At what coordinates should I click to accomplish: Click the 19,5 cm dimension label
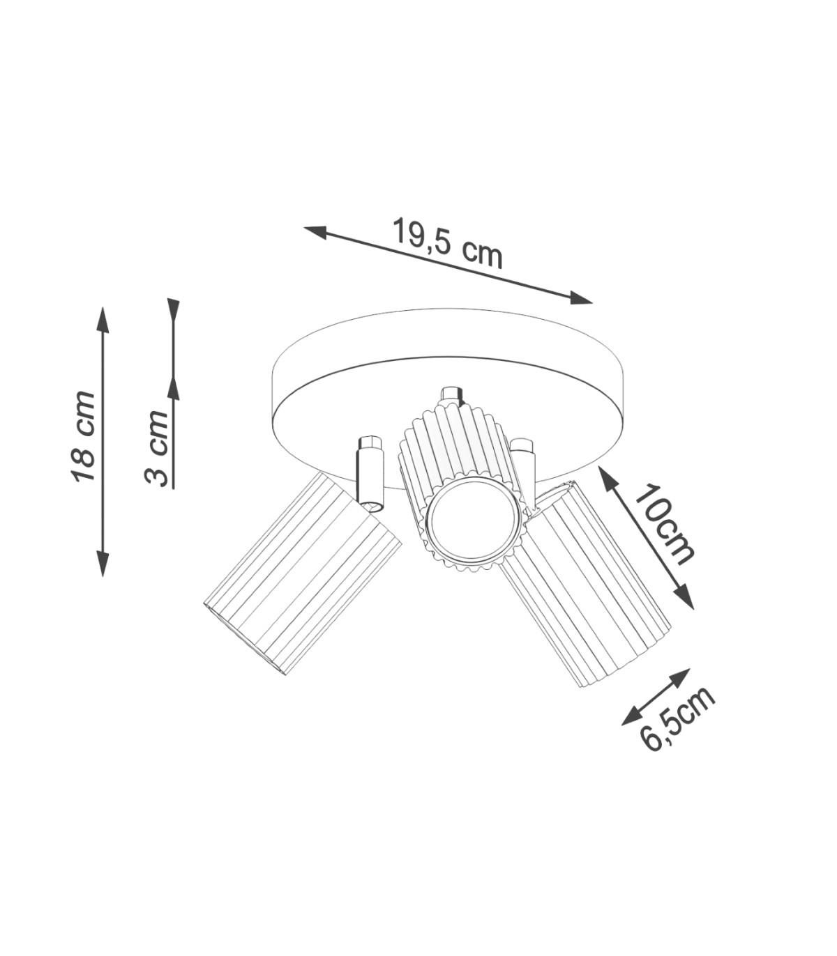pyautogui.click(x=447, y=244)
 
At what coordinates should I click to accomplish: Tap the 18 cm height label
pyautogui.click(x=83, y=437)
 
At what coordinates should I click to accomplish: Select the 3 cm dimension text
pyautogui.click(x=156, y=449)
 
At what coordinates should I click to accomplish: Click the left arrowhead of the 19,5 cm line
pyautogui.click(x=316, y=231)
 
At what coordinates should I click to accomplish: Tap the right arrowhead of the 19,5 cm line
pyautogui.click(x=581, y=298)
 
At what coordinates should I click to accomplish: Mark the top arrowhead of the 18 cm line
pyautogui.click(x=103, y=320)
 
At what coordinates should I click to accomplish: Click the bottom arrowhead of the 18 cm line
pyautogui.click(x=103, y=564)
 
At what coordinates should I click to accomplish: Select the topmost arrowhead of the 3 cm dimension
pyautogui.click(x=174, y=310)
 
